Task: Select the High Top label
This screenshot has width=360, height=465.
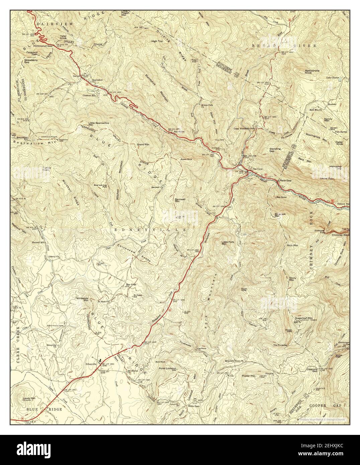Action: [157, 41]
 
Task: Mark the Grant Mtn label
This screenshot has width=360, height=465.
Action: [143, 145]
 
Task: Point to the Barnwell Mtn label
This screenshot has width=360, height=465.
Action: [180, 200]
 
